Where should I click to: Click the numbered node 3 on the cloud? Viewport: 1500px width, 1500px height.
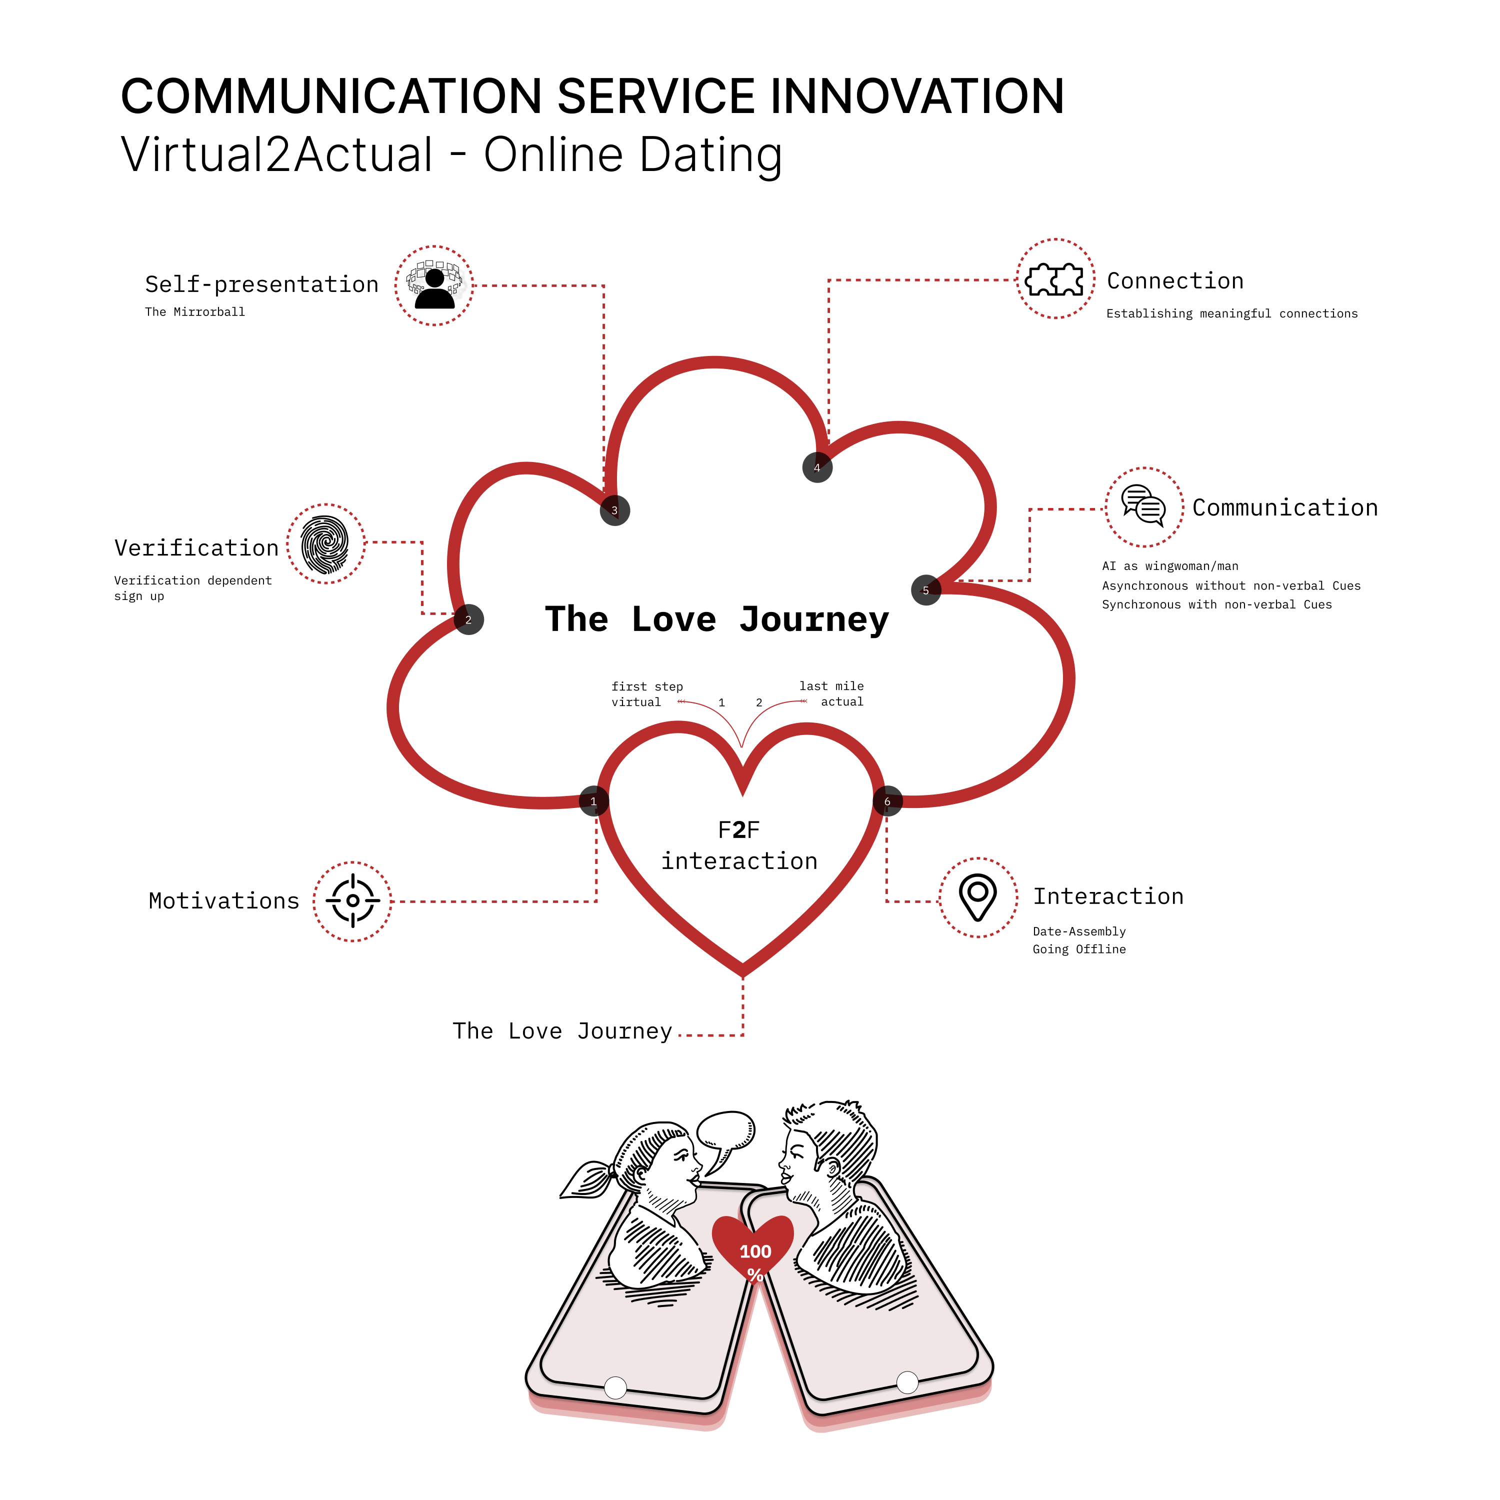click(615, 511)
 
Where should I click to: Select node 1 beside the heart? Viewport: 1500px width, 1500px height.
click(594, 801)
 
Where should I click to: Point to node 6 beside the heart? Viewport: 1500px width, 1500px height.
click(887, 801)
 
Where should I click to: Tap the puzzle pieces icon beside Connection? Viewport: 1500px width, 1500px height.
click(1055, 279)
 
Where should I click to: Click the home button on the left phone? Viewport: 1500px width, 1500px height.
click(615, 1387)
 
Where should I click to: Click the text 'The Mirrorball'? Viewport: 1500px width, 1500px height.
click(195, 312)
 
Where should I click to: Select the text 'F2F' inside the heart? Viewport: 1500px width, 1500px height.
click(738, 830)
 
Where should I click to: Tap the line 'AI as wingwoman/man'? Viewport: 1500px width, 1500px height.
click(1170, 566)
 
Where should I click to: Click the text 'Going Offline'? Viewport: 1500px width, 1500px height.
click(1078, 949)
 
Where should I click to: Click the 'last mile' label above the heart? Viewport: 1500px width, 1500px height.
click(831, 686)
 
